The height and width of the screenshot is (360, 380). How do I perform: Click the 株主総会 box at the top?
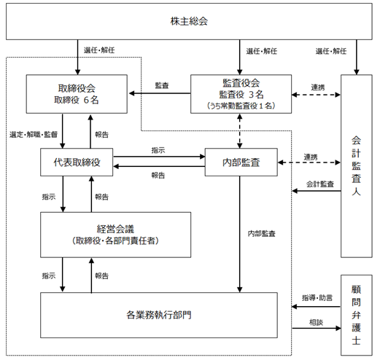(189, 21)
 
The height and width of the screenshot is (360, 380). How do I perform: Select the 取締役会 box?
(77, 94)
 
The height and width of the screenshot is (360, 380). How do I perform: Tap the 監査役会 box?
(241, 94)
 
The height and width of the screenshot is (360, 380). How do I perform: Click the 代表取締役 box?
(77, 162)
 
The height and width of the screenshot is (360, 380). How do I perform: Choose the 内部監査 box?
(241, 162)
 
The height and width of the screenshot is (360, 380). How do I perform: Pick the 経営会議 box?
(115, 235)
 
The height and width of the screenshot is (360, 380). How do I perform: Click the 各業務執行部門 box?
(159, 315)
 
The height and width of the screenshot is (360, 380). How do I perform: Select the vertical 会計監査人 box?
(357, 166)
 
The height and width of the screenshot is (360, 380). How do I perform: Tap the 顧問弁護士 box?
(357, 315)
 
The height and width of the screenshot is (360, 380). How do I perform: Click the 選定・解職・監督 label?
(34, 134)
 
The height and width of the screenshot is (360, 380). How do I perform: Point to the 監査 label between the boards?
(162, 85)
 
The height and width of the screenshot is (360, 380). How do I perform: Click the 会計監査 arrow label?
(320, 184)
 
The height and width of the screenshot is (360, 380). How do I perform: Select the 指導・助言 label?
(317, 298)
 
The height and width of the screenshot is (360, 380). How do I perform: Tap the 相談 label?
(316, 322)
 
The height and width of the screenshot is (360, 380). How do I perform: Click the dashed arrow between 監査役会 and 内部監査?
(240, 131)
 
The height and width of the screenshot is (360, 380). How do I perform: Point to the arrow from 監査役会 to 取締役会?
(160, 93)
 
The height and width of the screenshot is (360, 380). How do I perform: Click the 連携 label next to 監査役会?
(318, 87)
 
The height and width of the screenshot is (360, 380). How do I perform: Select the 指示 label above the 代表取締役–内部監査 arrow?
(158, 150)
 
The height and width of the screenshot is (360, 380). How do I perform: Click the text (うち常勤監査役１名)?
(241, 106)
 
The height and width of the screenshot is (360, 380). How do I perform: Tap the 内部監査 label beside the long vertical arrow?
(262, 234)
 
